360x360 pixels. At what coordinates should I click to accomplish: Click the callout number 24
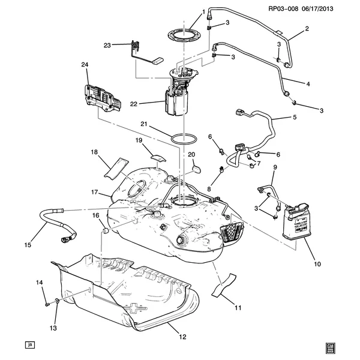85,64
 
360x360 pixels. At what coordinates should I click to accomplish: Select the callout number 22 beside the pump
134,103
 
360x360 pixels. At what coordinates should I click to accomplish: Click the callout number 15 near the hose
27,244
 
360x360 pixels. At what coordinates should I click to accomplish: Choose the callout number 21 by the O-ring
143,124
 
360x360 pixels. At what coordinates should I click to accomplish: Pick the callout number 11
238,308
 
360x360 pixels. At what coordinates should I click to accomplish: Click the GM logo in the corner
329,346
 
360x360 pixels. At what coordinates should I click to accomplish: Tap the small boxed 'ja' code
28,345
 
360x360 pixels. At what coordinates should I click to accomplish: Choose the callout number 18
94,152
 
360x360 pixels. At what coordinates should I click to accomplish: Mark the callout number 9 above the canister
275,167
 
